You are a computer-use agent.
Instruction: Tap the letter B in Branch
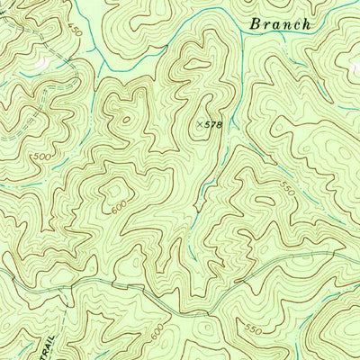(256, 23)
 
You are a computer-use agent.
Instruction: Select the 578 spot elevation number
(212, 122)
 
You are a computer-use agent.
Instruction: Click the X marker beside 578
(199, 122)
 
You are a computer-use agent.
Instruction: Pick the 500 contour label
(40, 157)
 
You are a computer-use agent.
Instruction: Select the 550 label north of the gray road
(287, 189)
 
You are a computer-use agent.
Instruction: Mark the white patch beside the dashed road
(41, 66)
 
